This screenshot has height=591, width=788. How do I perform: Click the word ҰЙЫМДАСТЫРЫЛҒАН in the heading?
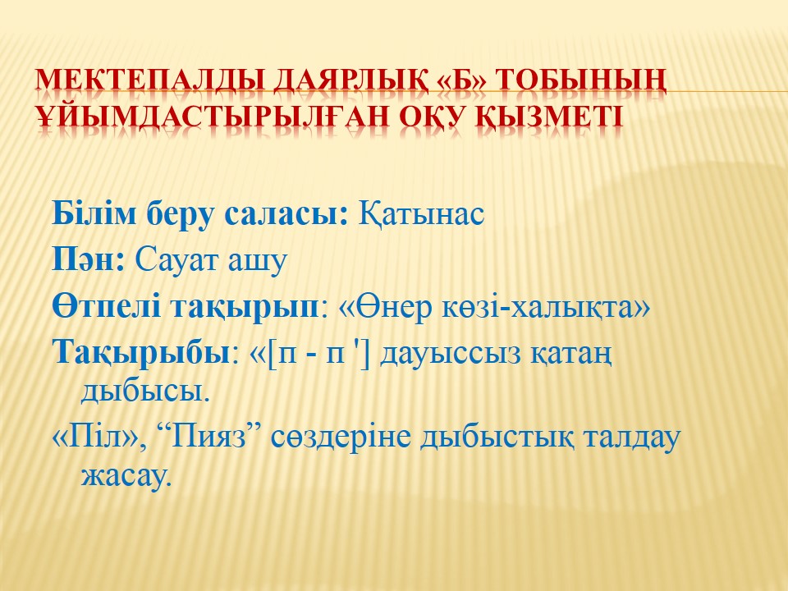tap(212, 116)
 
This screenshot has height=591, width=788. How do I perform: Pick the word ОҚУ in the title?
tap(433, 116)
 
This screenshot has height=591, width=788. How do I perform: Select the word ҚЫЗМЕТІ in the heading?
tap(550, 116)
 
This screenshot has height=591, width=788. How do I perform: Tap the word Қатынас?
tap(421, 214)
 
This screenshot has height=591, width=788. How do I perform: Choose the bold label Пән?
tap(89, 260)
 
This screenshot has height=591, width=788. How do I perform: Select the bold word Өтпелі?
tap(107, 306)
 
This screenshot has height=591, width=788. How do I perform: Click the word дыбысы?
tap(144, 391)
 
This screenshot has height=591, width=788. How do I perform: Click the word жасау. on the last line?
tap(126, 475)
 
